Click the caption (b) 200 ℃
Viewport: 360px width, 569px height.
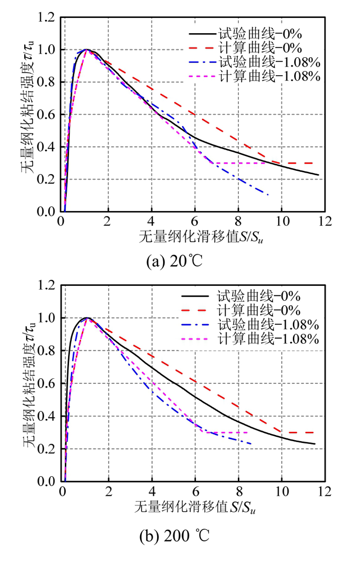click(x=175, y=537)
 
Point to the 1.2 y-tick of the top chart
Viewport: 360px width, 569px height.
click(x=47, y=18)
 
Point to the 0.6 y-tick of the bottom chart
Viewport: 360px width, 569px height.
click(x=47, y=383)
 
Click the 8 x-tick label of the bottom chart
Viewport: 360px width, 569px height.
click(x=238, y=492)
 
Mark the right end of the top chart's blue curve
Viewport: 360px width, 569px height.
click(x=269, y=195)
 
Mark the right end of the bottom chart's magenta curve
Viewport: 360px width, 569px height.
click(x=248, y=432)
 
